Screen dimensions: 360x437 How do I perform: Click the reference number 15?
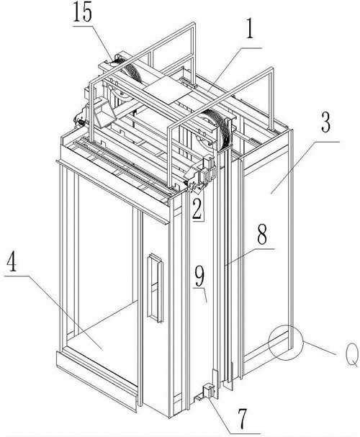coord(83,12)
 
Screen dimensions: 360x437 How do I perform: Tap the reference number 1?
coord(250,30)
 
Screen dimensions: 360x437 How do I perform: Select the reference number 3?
coord(325,123)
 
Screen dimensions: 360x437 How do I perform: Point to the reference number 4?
coord(12,261)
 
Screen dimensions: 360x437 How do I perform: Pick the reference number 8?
coord(262,235)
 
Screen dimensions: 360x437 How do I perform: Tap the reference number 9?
coord(199,276)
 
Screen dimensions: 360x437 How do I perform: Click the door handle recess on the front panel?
coord(155,288)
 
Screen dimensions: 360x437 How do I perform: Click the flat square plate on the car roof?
coord(167,90)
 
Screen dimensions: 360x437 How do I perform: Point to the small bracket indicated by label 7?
coord(209,391)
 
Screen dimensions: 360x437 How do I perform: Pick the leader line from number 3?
coord(305,168)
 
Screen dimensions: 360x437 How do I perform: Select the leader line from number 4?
coord(53,312)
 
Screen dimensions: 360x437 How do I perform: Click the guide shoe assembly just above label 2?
coord(201,175)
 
